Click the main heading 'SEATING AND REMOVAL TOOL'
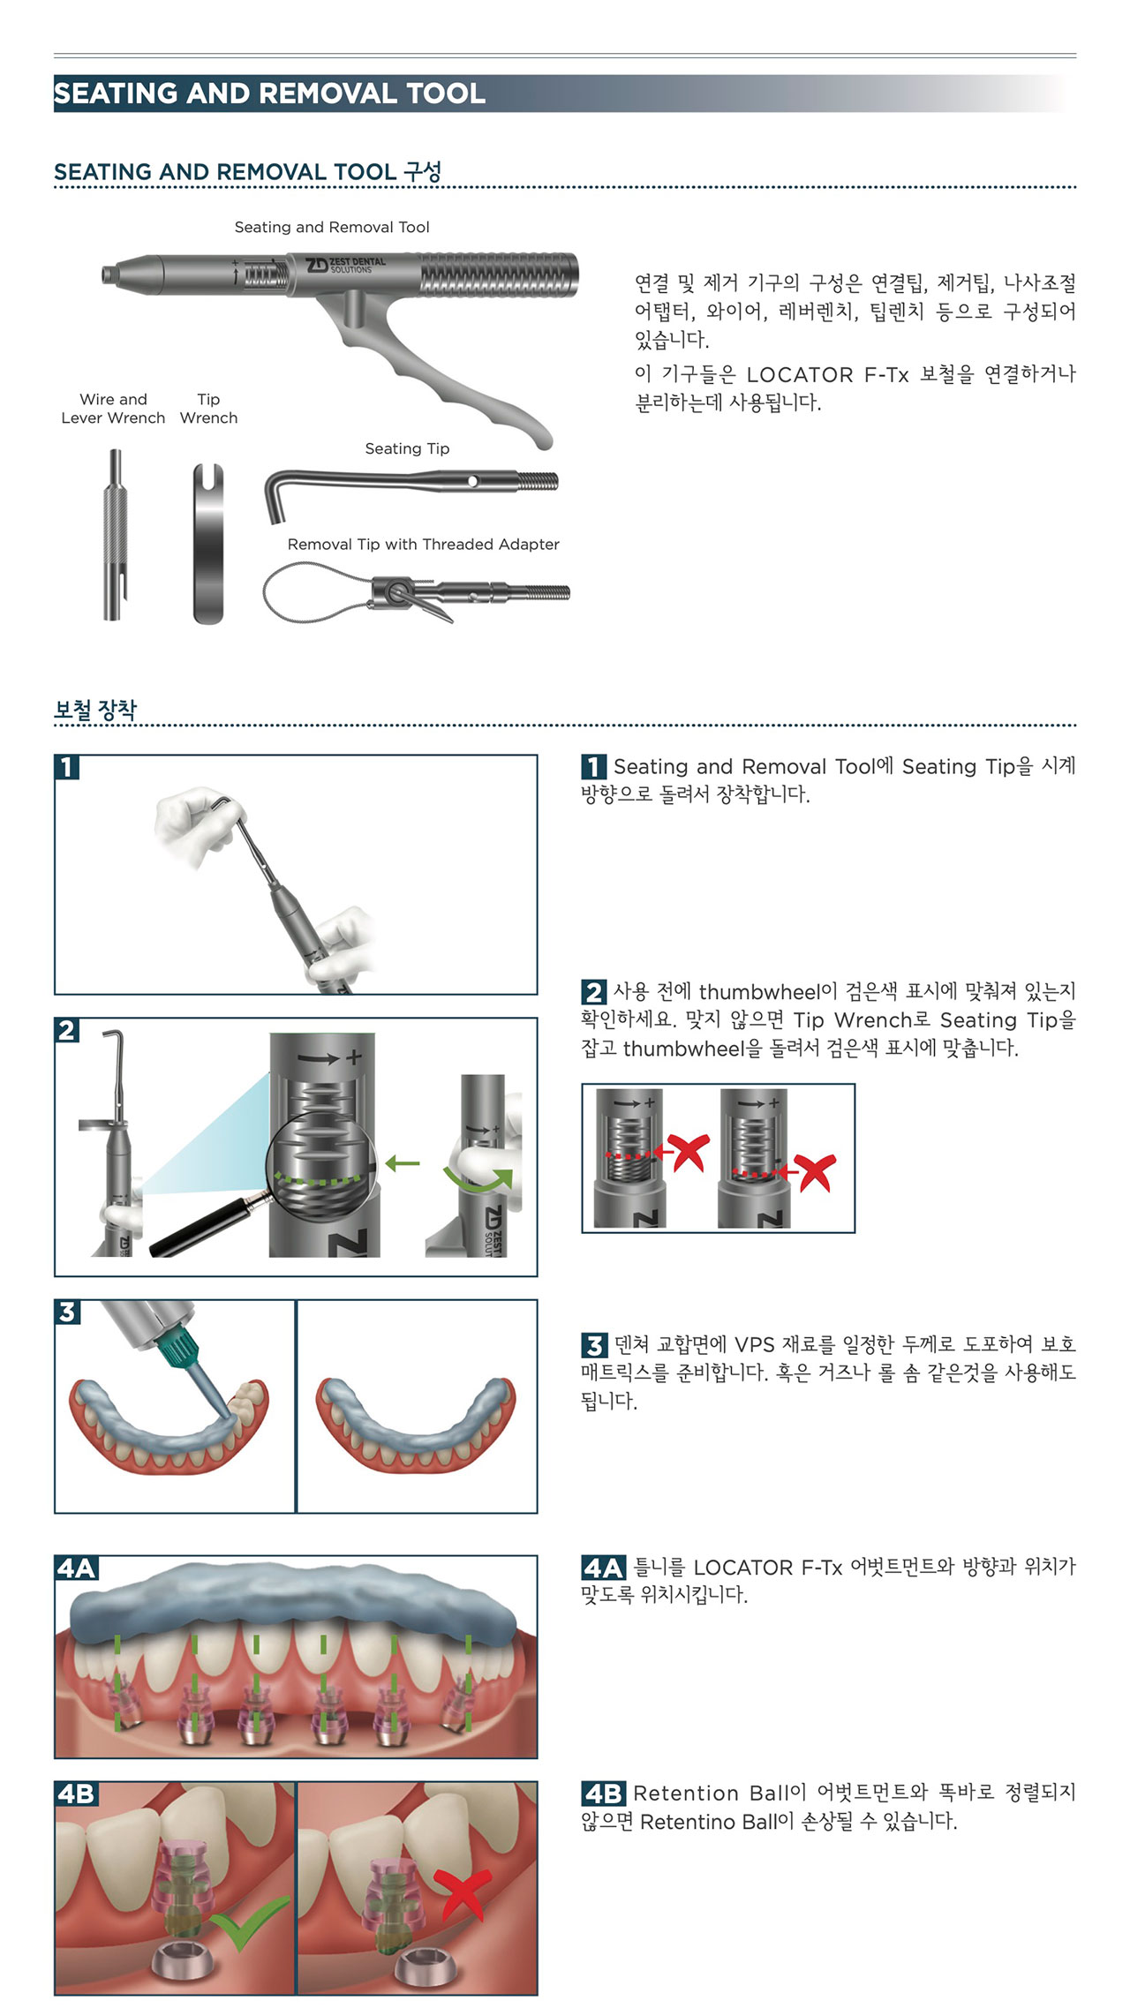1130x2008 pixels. tap(269, 93)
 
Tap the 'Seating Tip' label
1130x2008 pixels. tap(407, 448)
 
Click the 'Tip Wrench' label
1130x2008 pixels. tap(208, 409)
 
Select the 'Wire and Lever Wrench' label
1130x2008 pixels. tap(113, 409)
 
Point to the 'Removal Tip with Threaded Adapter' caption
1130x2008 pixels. tap(423, 545)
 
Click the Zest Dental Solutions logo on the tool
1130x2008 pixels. tap(345, 265)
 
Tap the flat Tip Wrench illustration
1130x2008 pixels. tap(208, 544)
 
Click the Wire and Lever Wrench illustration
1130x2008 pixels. tap(116, 535)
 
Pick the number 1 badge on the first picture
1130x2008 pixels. tap(67, 767)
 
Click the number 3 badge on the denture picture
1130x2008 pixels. tap(67, 1312)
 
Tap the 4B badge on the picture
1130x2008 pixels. tap(76, 1794)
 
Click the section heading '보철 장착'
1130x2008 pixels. tap(95, 710)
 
